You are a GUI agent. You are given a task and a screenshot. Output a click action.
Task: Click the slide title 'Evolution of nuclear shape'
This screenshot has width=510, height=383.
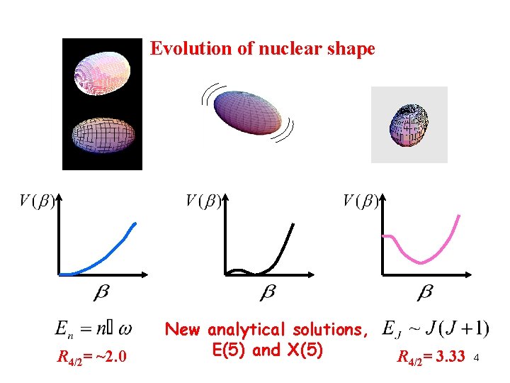coord(263,49)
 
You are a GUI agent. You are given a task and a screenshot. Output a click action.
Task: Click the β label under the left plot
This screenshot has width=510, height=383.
coord(101,292)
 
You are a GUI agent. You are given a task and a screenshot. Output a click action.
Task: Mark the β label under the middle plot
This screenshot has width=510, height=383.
coord(268,292)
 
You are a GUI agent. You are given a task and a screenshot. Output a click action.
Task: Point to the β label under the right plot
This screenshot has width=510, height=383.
coord(425,292)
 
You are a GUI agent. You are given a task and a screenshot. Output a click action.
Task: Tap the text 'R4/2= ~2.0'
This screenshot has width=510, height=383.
coord(92,355)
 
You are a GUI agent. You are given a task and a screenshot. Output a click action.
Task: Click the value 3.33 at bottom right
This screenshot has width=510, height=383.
coord(450,355)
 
